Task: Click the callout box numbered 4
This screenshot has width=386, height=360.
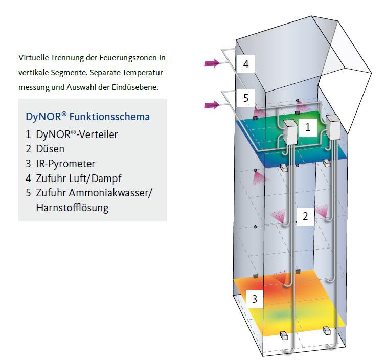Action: click(246, 64)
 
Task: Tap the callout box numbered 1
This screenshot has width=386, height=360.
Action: click(308, 127)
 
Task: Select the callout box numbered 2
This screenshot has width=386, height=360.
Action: click(305, 216)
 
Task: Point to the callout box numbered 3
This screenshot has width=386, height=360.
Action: click(254, 299)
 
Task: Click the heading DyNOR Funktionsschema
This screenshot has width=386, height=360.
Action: click(87, 117)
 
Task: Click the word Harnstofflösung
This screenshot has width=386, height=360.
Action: click(72, 208)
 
